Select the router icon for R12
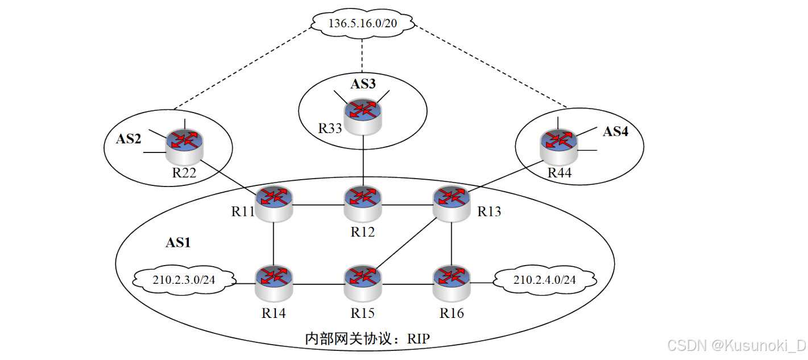click(x=363, y=203)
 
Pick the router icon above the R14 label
click(x=274, y=281)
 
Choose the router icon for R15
click(x=363, y=281)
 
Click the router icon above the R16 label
click(x=451, y=281)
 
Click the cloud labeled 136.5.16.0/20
click(x=363, y=23)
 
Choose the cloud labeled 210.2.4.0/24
click(x=544, y=279)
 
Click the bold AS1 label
click(x=178, y=243)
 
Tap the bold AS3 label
click(x=363, y=84)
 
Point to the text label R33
click(x=330, y=128)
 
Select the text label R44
click(x=560, y=172)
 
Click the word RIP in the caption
click(x=418, y=340)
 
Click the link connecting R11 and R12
click(x=318, y=203)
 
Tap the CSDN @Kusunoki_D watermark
click(x=736, y=345)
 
